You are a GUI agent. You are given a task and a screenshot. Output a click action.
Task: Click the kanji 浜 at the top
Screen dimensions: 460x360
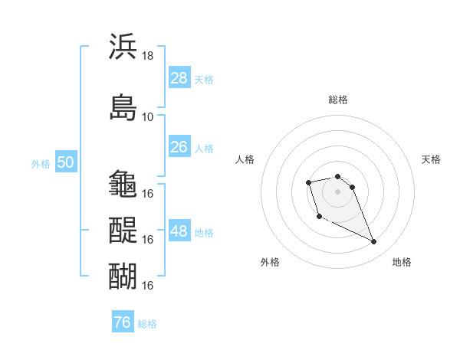[123, 46]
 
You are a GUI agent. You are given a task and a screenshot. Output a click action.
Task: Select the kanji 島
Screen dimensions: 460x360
[123, 107]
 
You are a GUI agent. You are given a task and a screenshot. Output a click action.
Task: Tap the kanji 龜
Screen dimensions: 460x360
[123, 184]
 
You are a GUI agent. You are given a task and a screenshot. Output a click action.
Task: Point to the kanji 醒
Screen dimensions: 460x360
[123, 230]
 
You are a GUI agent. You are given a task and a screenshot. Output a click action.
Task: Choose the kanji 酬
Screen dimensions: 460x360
[123, 276]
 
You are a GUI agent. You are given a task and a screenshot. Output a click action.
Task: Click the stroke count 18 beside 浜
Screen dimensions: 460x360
[147, 56]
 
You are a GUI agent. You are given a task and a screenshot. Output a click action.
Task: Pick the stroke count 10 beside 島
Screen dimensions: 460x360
[147, 117]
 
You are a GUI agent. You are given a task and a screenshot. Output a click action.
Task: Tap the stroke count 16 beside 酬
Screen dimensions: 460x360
[147, 285]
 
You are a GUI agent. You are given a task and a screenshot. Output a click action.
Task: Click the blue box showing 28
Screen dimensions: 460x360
[179, 77]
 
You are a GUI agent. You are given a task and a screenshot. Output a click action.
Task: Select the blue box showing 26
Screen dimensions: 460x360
[179, 146]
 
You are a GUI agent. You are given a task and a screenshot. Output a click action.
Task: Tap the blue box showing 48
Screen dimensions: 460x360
[179, 230]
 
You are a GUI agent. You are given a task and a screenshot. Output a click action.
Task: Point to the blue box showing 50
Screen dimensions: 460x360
[66, 161]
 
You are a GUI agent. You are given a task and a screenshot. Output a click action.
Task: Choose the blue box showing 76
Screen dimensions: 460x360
[123, 321]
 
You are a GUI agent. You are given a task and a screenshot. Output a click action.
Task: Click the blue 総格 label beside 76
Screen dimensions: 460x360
[147, 324]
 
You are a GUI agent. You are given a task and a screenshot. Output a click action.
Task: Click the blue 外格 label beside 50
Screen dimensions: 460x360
[41, 164]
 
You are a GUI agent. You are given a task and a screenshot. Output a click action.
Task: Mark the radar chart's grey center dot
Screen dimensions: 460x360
[337, 191]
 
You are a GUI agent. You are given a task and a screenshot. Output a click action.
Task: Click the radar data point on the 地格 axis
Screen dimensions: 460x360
[373, 241]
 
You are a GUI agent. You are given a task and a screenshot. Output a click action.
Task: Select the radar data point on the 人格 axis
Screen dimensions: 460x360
[308, 182]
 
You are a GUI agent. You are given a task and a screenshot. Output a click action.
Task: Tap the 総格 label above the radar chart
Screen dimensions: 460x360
[338, 100]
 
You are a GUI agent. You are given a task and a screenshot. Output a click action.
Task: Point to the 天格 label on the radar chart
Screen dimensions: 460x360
[431, 159]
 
